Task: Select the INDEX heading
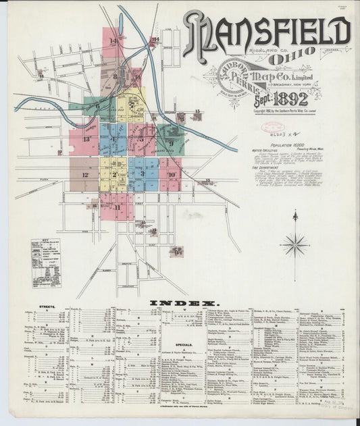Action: point(182,303)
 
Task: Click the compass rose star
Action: point(295,244)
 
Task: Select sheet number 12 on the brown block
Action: point(85,175)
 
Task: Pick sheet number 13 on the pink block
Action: point(86,139)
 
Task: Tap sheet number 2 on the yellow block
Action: point(115,175)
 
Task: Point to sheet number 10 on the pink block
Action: point(172,174)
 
